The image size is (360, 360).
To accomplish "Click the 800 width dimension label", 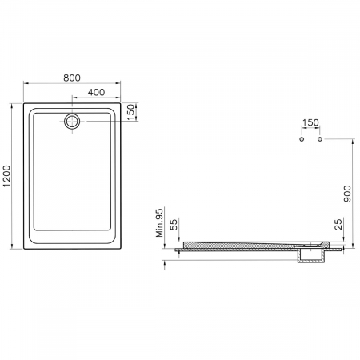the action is click(72, 78).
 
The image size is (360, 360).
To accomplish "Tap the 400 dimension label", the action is click(96, 92).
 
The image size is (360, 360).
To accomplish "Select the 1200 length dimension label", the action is click(6, 176).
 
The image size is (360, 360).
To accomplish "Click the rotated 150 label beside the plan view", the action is click(130, 112).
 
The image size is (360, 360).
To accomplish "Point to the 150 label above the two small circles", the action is click(310, 122).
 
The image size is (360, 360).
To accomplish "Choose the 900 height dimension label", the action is click(347, 194).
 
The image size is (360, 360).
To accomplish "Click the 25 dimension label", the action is click(338, 224).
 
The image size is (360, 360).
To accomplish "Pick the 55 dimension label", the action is click(174, 225).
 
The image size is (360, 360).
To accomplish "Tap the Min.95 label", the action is click(159, 223).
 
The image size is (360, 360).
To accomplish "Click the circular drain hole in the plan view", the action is click(72, 122).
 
